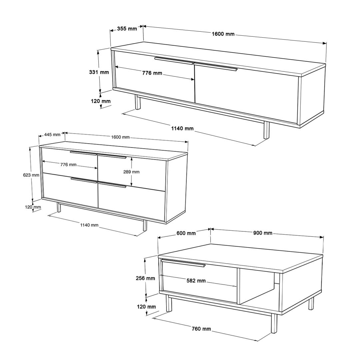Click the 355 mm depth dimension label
pyautogui.click(x=127, y=29)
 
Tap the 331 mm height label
pyautogui.click(x=99, y=72)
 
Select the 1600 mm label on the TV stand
pyautogui.click(x=223, y=34)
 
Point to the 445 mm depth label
pyautogui.click(x=52, y=135)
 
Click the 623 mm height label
pyautogui.click(x=31, y=175)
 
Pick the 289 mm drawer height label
pyautogui.click(x=131, y=172)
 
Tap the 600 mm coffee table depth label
pyautogui.click(x=186, y=233)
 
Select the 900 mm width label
pyautogui.click(x=263, y=233)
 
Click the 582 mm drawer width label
pyautogui.click(x=196, y=281)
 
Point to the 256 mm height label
pyautogui.click(x=145, y=278)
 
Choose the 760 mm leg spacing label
pyautogui.click(x=201, y=329)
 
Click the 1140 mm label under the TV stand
pyautogui.click(x=182, y=128)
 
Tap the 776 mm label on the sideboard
pyautogui.click(x=68, y=165)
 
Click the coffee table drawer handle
pyautogui.click(x=183, y=263)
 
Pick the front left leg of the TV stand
pyautogui.click(x=138, y=102)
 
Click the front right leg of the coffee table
pyautogui.click(x=274, y=324)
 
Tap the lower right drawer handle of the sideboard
pyautogui.click(x=112, y=185)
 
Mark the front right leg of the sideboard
pyautogui.click(x=145, y=225)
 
